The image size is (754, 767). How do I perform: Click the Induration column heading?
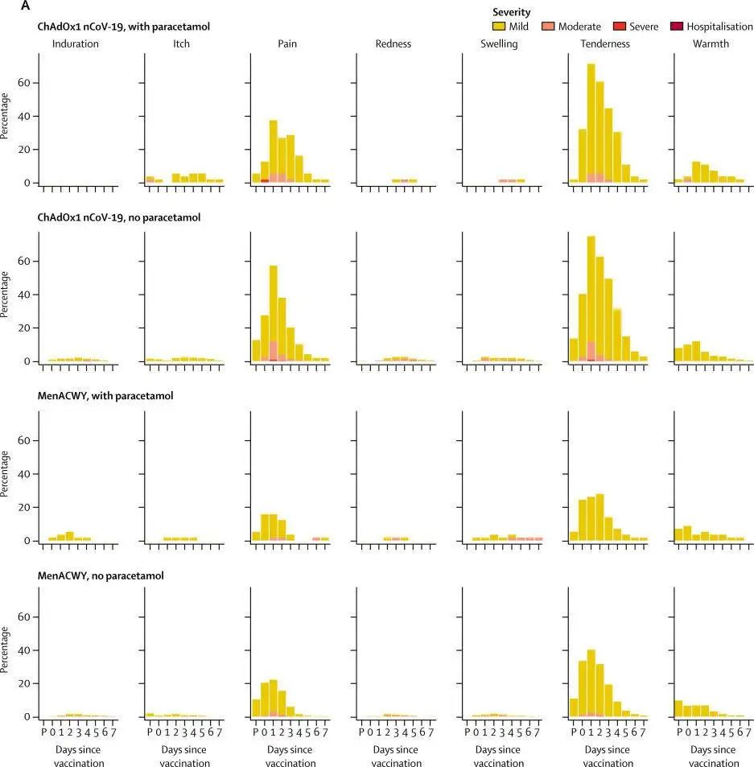pyautogui.click(x=75, y=44)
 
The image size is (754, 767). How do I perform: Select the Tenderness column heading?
pyautogui.click(x=605, y=44)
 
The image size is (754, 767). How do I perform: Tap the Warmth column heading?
pyautogui.click(x=711, y=44)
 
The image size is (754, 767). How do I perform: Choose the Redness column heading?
pyautogui.click(x=393, y=44)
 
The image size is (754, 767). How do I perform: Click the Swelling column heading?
pyautogui.click(x=499, y=44)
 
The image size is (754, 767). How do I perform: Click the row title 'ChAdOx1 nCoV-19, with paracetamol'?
pyautogui.click(x=123, y=27)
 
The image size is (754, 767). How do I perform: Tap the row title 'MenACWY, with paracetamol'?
pyautogui.click(x=105, y=395)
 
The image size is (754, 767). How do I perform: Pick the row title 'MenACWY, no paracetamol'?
pyautogui.click(x=100, y=576)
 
